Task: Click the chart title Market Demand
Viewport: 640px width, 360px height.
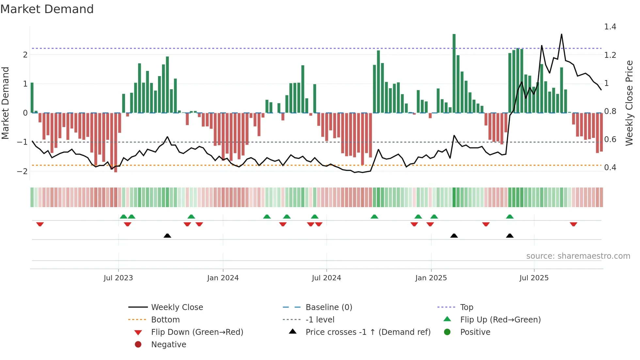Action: [47, 9]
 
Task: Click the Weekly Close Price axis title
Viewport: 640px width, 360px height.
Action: [629, 103]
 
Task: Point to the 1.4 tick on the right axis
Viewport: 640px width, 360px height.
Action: [610, 27]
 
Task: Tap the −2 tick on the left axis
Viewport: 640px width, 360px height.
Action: [22, 171]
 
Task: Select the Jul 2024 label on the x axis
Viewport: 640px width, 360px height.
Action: [326, 278]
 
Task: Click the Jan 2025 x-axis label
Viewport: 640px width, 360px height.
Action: [431, 278]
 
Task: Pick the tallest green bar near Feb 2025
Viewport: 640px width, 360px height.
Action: [454, 74]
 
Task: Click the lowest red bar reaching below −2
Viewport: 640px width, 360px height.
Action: [116, 144]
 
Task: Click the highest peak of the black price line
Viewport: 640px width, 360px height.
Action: [561, 35]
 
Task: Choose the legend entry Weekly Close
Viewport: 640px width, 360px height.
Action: [177, 307]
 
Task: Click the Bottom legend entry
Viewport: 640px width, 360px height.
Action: [165, 320]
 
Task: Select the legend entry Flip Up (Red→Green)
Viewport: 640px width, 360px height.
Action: [500, 320]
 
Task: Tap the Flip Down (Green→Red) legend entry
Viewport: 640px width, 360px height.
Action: [197, 332]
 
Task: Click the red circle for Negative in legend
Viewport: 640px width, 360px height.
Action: [138, 345]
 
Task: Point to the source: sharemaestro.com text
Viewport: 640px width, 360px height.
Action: [578, 256]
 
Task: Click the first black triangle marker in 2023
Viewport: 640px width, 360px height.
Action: [167, 236]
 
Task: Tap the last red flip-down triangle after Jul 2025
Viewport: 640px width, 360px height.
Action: [573, 224]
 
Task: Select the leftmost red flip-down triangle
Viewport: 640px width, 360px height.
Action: [40, 224]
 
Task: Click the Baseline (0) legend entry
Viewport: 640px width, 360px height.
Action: [328, 307]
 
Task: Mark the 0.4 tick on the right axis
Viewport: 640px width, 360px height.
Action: [610, 168]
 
